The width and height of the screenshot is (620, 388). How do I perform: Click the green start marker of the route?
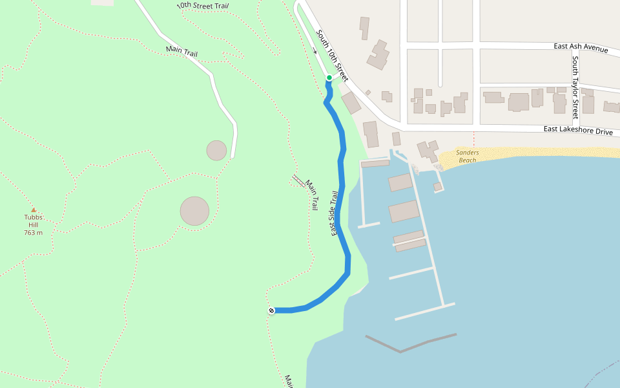(329, 78)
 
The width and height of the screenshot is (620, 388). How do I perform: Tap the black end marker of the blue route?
(271, 311)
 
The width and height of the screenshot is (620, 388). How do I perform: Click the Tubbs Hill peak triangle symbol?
(34, 210)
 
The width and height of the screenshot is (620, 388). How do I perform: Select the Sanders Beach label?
(467, 156)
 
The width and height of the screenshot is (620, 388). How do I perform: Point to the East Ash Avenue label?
(581, 48)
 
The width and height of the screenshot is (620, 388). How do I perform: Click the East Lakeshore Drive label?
(577, 131)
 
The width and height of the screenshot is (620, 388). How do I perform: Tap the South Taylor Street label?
(575, 87)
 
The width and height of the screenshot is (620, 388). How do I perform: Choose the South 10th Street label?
(332, 55)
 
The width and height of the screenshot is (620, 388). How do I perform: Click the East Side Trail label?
(335, 213)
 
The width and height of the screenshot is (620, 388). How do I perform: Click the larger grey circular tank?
(194, 211)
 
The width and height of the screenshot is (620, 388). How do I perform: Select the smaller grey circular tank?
(216, 150)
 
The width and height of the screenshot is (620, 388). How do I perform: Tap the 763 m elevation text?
(34, 233)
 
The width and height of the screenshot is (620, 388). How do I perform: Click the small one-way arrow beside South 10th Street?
(315, 51)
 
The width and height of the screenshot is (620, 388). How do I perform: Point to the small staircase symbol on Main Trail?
(298, 180)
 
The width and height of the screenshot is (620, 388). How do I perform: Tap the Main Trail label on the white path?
(181, 51)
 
